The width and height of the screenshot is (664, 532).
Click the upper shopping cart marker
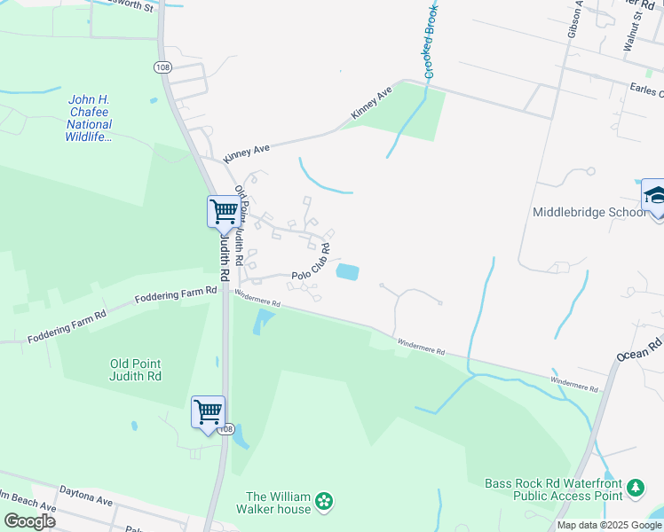point(224,212)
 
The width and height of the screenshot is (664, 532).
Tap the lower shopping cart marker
point(208,411)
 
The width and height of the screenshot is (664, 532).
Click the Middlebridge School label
point(589,213)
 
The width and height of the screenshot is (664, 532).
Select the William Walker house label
point(279,503)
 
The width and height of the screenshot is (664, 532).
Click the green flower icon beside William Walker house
point(324,502)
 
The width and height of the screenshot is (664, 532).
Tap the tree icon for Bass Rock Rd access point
point(636,489)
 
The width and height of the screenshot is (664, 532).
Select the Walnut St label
point(633,31)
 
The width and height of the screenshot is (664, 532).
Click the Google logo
point(28,520)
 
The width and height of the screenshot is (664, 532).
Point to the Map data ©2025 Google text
point(609,525)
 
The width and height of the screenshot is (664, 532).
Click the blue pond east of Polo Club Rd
point(348,272)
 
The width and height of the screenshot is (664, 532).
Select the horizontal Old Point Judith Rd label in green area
point(136,370)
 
